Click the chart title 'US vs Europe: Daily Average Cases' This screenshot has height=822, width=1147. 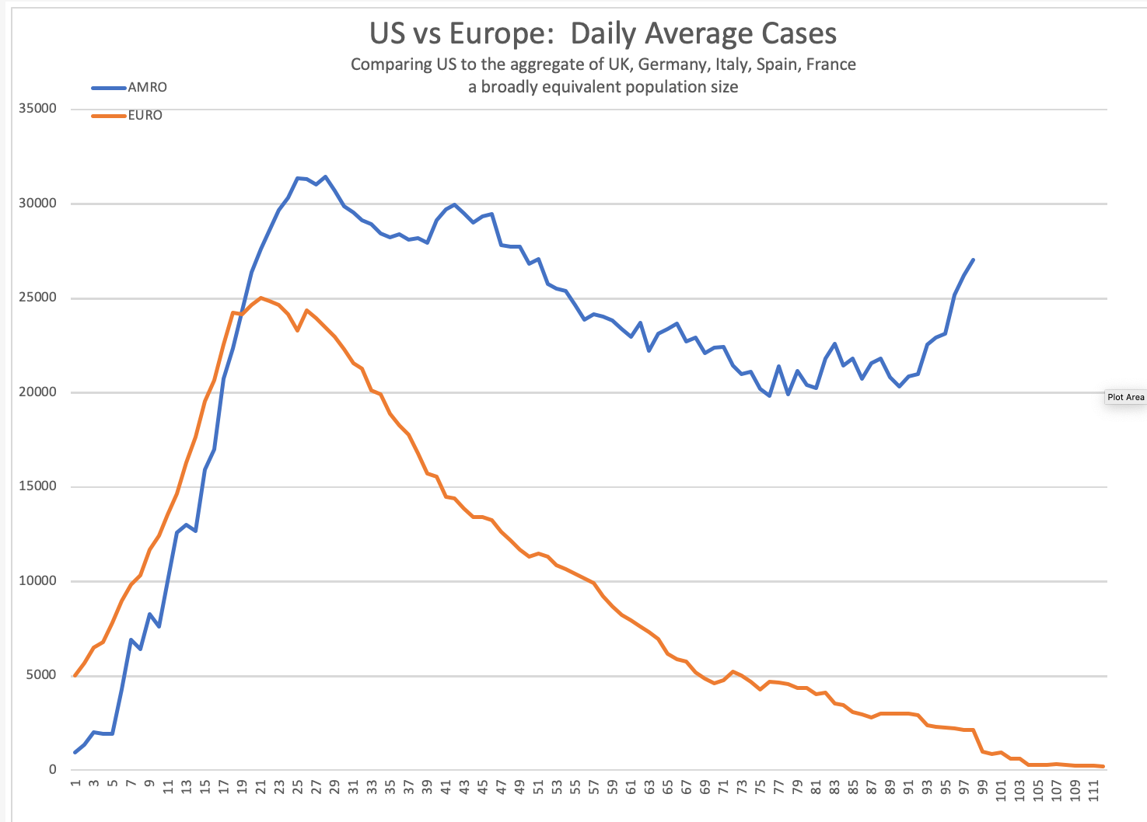pyautogui.click(x=603, y=33)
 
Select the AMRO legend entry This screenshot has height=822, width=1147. pyautogui.click(x=147, y=87)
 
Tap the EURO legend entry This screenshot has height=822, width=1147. pyautogui.click(x=145, y=115)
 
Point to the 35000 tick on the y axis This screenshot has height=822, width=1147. pyautogui.click(x=37, y=109)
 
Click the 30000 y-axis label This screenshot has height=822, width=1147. pyautogui.click(x=37, y=204)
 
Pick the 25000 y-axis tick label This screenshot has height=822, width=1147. pyautogui.click(x=37, y=298)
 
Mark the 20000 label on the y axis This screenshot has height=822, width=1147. pyautogui.click(x=37, y=392)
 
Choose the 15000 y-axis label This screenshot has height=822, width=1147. pyautogui.click(x=37, y=486)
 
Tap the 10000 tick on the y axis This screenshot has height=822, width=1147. pyautogui.click(x=37, y=581)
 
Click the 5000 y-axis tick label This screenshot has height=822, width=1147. pyautogui.click(x=40, y=675)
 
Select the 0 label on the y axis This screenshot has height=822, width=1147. pyautogui.click(x=52, y=770)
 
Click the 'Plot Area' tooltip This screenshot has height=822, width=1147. pyautogui.click(x=1125, y=397)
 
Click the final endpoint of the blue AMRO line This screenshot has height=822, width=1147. pyautogui.click(x=974, y=259)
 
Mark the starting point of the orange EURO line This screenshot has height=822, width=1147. pyautogui.click(x=75, y=676)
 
